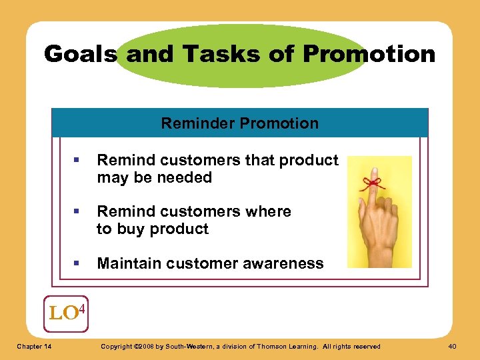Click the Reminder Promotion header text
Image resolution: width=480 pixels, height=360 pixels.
click(239, 123)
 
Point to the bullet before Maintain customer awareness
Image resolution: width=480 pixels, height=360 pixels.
click(77, 263)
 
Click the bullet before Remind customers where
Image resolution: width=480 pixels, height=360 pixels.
click(77, 212)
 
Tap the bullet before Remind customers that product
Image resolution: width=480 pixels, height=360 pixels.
click(77, 161)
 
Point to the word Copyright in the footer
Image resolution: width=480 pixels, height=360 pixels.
click(115, 346)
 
